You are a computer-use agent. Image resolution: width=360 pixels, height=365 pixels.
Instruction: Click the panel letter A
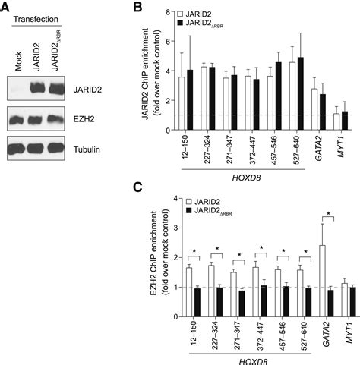6,7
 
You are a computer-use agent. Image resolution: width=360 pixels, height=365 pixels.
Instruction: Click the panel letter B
137,7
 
